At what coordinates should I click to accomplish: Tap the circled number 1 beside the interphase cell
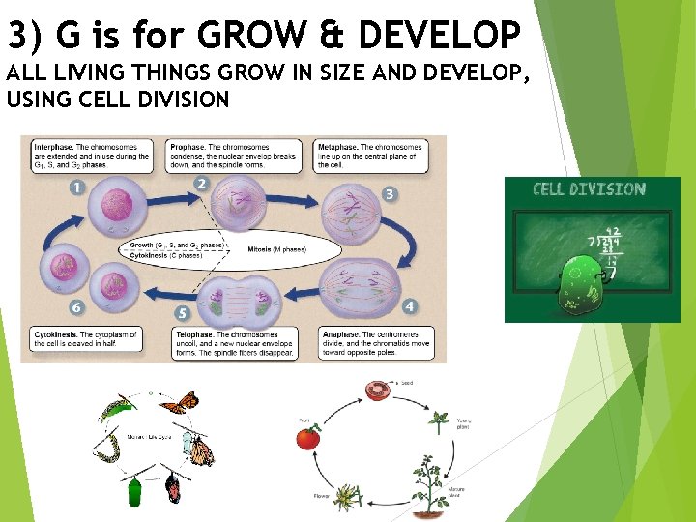tap(76, 187)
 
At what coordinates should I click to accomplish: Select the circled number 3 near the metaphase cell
tap(390, 194)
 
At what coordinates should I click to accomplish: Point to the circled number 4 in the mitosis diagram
tap(409, 306)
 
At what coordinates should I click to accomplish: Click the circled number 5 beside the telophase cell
tap(183, 313)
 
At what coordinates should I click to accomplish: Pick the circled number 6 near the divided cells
tap(76, 307)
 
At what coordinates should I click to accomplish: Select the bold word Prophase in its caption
tap(181, 147)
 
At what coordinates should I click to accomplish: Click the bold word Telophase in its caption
tap(182, 334)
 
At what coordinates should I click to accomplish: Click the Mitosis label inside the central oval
tap(260, 249)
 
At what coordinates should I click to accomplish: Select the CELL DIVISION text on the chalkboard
tap(589, 189)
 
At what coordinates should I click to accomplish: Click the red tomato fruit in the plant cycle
tap(307, 438)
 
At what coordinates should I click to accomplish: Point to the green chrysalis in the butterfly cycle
tap(135, 491)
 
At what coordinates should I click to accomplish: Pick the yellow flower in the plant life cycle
tap(319, 497)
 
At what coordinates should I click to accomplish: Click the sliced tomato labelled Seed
tap(377, 390)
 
